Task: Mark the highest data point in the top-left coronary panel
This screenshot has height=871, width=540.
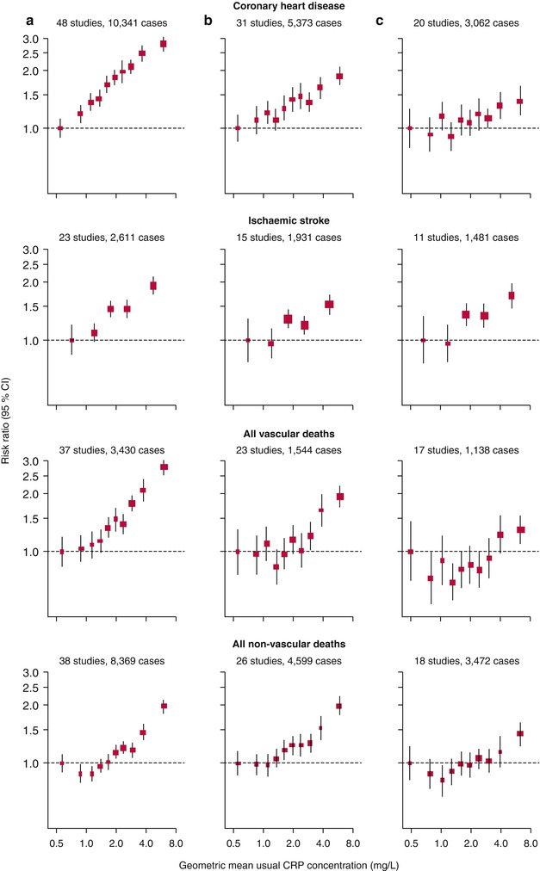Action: click(x=163, y=44)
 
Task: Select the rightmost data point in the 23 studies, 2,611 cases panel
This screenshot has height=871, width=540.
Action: click(x=153, y=286)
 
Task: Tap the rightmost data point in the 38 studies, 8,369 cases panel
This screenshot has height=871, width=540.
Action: click(x=164, y=706)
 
